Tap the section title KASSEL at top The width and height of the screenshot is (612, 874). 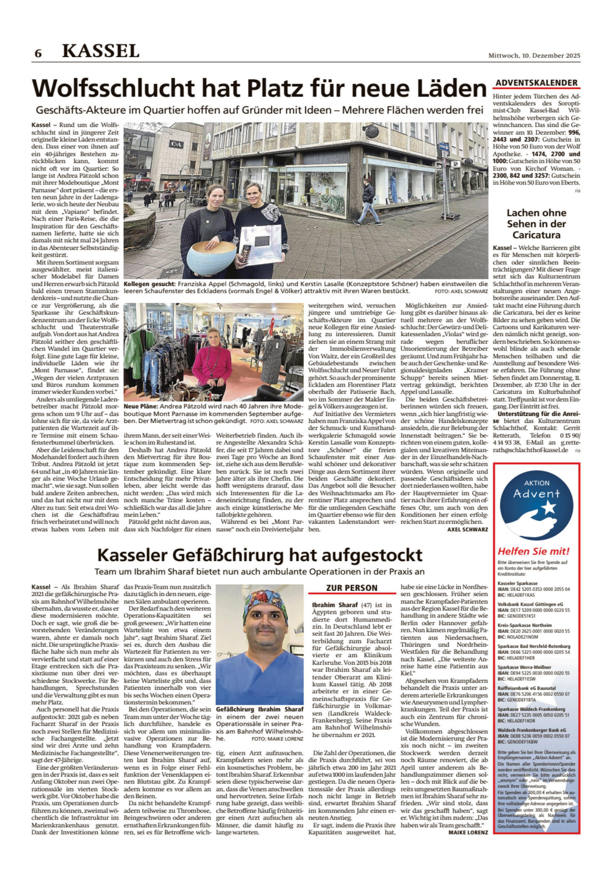click(100, 51)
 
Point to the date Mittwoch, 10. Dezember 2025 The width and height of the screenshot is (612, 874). click(534, 56)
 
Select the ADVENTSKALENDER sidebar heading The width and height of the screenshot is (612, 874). click(536, 83)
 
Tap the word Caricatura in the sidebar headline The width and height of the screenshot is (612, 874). click(536, 235)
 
